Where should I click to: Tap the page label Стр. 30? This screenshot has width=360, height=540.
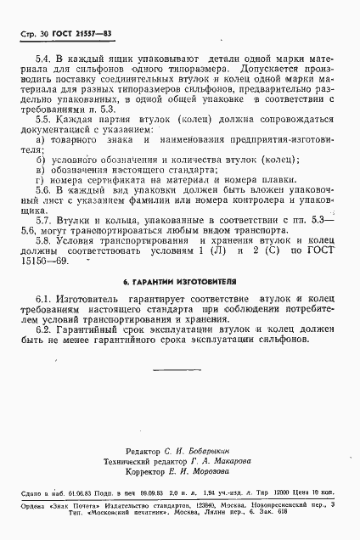(30, 33)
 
